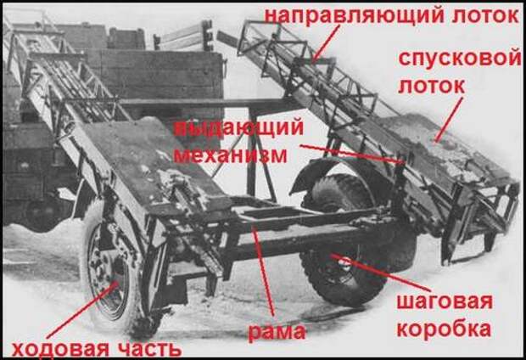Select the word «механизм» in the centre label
231,155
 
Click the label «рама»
277,331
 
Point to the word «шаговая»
445,301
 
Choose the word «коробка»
444,329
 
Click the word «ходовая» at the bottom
60,349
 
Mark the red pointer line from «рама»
264,272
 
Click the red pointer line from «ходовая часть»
82,310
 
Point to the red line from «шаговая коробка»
380,273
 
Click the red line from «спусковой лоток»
449,118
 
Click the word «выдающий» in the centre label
239,129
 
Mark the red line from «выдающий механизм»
351,154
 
